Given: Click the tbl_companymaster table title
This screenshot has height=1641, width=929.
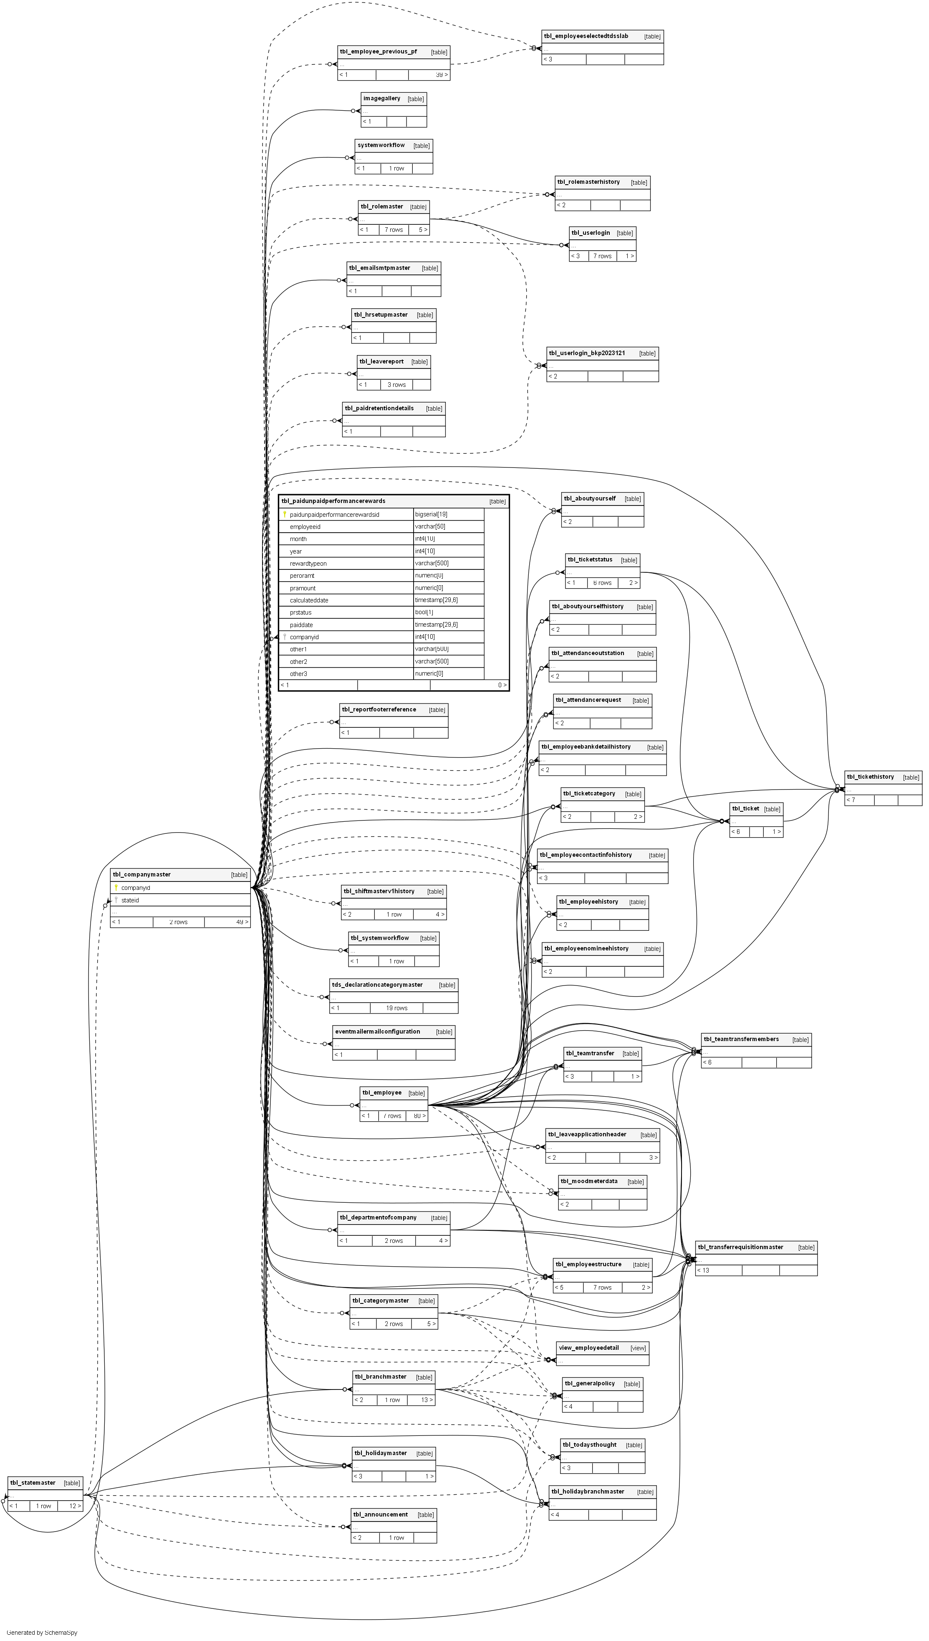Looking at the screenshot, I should point(141,874).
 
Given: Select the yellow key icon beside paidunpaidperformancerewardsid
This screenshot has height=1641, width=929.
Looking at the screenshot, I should point(285,514).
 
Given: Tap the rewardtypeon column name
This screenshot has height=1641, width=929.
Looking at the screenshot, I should point(308,563).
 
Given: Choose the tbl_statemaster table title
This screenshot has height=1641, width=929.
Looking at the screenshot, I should point(33,1483).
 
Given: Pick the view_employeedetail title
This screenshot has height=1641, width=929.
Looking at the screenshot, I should point(588,1348).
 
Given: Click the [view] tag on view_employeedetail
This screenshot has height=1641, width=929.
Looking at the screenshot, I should point(638,1348).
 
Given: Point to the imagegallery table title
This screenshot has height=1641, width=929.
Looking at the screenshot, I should point(381,98).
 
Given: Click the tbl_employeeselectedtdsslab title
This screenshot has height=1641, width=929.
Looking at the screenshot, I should point(586,36).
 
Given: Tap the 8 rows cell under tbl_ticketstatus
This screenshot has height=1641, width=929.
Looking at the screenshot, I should point(602,583).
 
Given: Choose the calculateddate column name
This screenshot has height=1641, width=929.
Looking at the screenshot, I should point(309,600).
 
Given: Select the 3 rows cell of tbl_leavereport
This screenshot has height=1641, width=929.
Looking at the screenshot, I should point(396,384).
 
